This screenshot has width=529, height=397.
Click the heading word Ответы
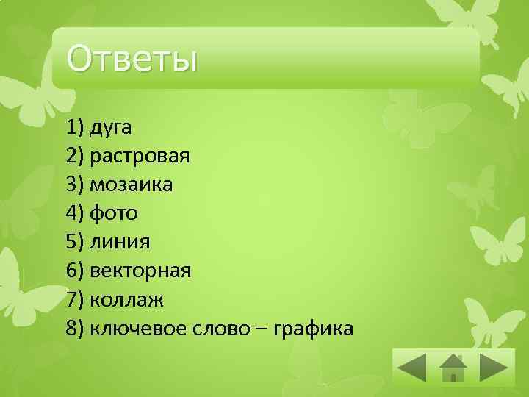coord(132,59)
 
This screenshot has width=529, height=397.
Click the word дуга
coord(110,127)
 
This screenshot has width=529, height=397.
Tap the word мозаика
coord(131,185)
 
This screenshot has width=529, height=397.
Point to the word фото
coord(113,213)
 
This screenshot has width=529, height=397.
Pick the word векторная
coord(140,271)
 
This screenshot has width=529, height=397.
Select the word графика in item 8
coord(313,329)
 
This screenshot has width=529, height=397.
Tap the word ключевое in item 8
coord(135,329)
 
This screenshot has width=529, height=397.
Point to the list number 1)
coord(74,127)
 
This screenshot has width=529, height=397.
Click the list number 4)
coord(74,213)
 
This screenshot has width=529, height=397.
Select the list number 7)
coord(74,299)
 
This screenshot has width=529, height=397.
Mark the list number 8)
coord(74,328)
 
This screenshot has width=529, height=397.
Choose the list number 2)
coord(74,156)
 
